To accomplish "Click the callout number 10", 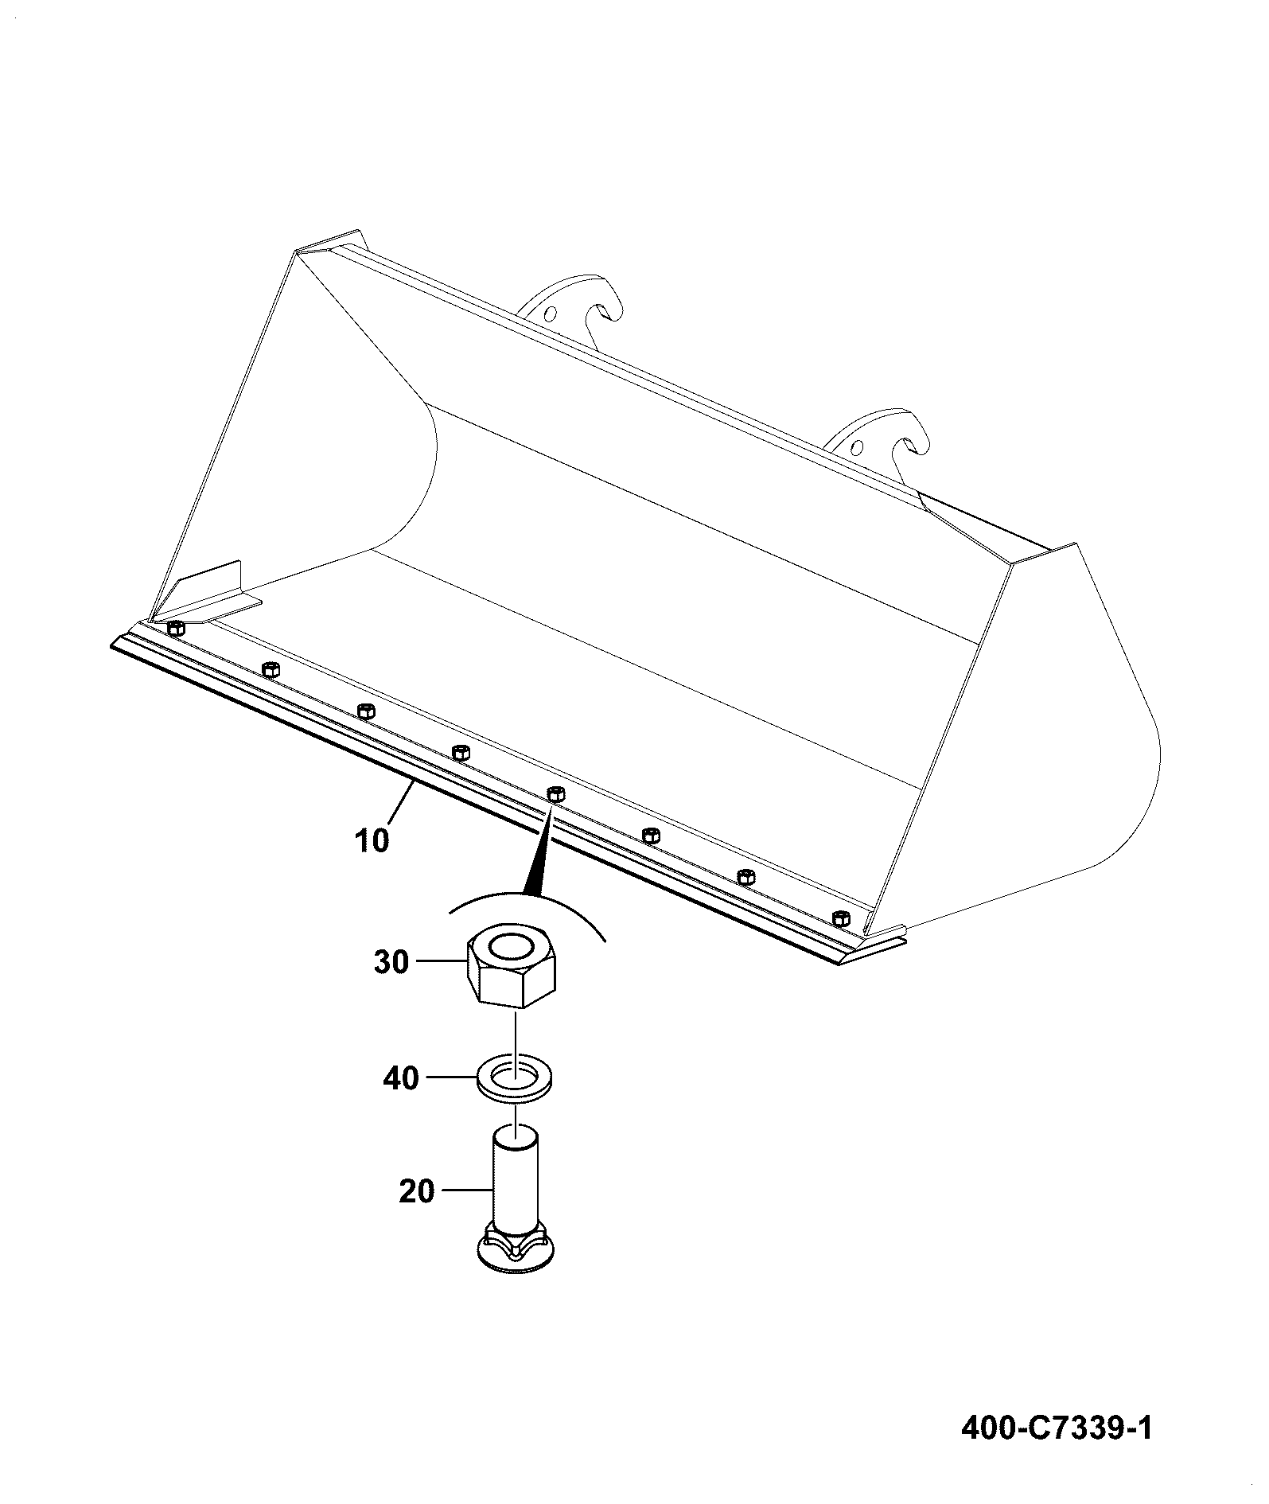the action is click(372, 840).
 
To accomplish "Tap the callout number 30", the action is click(391, 962).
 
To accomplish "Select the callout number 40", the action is click(400, 1078).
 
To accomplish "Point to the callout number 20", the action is click(417, 1191).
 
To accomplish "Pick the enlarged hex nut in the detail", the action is click(511, 965).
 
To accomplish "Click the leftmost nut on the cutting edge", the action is click(176, 629).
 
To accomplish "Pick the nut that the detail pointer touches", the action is click(555, 793).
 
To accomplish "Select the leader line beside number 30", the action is click(438, 962).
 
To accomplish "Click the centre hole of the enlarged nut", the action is click(512, 946).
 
